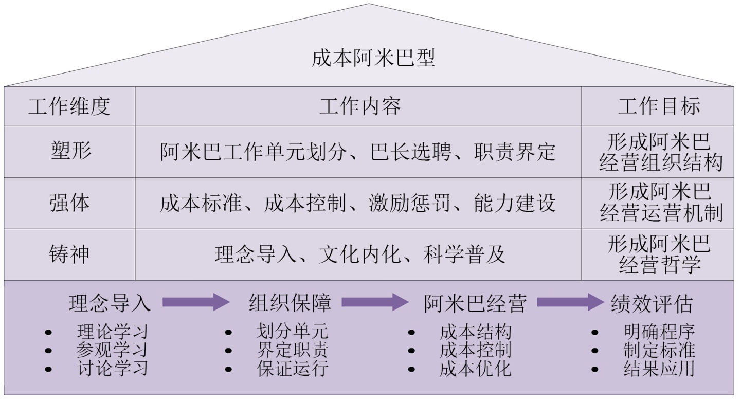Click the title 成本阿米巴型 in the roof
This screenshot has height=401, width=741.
(x=373, y=59)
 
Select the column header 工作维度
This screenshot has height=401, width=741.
(x=69, y=107)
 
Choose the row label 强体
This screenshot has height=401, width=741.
(x=69, y=204)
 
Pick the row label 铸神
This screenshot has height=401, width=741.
(x=69, y=254)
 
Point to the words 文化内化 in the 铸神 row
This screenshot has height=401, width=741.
(x=360, y=255)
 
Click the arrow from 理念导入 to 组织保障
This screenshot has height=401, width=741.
(x=196, y=302)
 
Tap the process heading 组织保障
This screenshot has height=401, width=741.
(x=290, y=303)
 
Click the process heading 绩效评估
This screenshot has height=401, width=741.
(x=652, y=303)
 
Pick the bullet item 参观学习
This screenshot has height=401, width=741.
(x=112, y=350)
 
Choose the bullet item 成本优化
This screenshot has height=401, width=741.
(x=476, y=369)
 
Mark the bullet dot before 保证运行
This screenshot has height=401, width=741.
(x=228, y=369)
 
